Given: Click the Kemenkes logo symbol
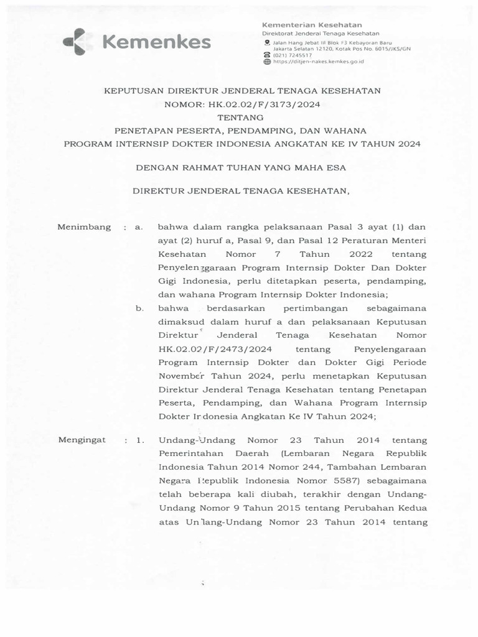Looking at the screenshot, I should tap(78, 42).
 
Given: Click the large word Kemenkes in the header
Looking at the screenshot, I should tap(156, 42).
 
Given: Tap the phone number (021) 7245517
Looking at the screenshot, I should tap(288, 55).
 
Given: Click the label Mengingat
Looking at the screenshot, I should tap(82, 440).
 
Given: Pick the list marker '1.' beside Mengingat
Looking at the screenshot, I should tap(139, 440).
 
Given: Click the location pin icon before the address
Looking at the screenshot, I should tap(267, 42).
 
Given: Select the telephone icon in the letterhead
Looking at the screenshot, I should tap(267, 55).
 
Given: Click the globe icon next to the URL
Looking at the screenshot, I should tap(267, 62).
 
